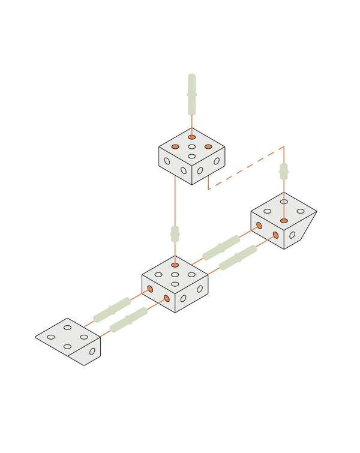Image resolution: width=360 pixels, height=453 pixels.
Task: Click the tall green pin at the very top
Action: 191,94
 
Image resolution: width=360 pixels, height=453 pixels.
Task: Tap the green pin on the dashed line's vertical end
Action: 284,172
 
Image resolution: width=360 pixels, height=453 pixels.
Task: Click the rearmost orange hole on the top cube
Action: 192,137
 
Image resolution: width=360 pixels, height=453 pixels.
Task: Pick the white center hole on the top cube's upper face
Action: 192,146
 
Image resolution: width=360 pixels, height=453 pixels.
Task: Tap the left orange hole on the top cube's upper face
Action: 175,146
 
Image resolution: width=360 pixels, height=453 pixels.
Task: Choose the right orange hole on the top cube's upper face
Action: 208,146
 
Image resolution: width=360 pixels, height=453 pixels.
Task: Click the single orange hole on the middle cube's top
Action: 175,265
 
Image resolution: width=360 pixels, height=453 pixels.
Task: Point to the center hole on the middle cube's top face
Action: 175,275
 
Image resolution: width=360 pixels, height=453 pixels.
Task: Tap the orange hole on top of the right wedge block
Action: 284,221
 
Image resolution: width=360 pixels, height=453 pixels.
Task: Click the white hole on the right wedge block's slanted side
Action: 292,235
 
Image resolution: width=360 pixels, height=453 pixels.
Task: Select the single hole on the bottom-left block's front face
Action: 92,352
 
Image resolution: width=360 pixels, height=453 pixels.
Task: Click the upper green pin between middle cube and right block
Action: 221,247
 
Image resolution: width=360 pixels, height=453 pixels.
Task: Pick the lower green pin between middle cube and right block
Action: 238,257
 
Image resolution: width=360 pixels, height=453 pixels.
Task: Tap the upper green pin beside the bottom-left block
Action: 112,310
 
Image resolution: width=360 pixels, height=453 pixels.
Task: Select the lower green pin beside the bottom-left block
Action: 129,319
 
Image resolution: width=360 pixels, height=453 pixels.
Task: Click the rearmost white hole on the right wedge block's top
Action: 284,202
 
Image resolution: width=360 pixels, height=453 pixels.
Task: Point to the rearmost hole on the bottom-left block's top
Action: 68,328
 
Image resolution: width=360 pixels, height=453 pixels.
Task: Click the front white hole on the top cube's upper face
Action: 192,156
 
